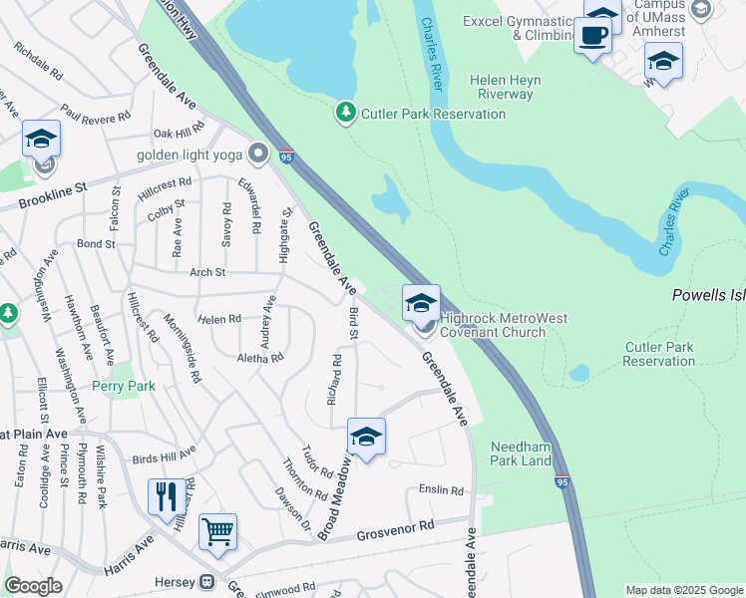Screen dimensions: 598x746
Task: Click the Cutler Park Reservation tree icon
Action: (346, 113)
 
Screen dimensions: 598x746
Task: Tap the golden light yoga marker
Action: (259, 154)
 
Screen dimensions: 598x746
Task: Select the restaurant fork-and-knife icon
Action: (165, 496)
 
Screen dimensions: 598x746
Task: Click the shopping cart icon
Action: (217, 530)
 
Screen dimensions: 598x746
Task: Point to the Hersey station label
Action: (178, 581)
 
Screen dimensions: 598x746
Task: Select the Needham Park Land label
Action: (521, 454)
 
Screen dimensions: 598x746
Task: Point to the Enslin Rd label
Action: (442, 490)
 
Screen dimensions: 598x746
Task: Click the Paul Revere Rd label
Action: (96, 113)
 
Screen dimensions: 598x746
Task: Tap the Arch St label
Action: (207, 272)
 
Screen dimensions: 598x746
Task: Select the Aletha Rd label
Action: (260, 357)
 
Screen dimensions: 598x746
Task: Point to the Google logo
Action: (33, 586)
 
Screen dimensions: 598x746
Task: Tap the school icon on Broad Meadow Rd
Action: (366, 437)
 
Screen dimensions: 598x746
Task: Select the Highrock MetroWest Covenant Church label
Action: (504, 325)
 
